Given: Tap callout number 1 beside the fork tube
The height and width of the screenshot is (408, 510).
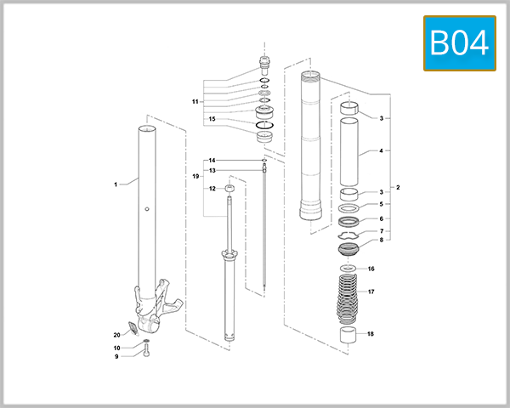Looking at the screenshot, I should point(115,183).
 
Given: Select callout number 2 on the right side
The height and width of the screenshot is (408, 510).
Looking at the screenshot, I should point(398,187).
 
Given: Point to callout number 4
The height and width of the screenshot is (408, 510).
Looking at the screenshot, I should point(382,151).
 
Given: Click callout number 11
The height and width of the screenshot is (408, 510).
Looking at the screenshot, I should point(195,102).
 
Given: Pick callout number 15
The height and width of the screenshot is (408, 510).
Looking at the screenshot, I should point(212,119).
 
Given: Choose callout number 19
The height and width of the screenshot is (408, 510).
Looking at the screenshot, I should point(195,176).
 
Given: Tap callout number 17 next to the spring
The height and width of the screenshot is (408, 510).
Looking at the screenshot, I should point(370,292).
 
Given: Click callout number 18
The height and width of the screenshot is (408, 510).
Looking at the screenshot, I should point(370,334).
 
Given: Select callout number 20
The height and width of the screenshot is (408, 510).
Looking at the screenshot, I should point(117,334).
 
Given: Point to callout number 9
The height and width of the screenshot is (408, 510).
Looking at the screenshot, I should point(117,356).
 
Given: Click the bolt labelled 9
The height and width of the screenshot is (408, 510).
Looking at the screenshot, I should point(146,352).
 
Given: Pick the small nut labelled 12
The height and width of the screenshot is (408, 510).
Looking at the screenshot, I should point(229,189).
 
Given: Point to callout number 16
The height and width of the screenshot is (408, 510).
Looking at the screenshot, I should point(370,269).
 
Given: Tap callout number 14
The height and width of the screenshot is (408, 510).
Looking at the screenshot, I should point(212,160).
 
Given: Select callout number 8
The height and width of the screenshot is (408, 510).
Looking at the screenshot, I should point(382,241).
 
